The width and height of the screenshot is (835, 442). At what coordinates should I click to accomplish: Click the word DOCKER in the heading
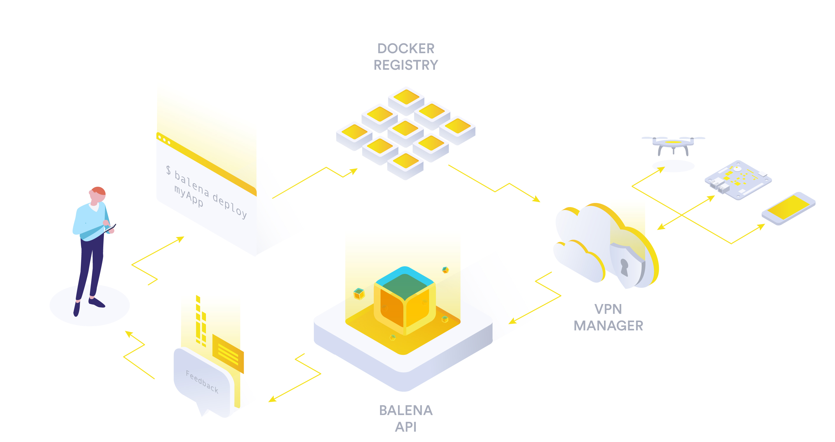click(x=405, y=49)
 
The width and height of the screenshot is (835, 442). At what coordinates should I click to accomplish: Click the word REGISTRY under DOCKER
click(x=405, y=65)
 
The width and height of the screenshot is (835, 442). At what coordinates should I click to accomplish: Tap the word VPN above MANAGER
click(x=608, y=309)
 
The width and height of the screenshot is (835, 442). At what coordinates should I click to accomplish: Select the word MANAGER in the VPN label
click(x=608, y=326)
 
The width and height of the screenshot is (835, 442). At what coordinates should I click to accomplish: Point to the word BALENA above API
click(x=405, y=410)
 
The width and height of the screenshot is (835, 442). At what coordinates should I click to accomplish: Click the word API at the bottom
click(x=405, y=427)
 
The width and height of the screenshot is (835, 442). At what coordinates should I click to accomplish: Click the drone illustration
click(x=673, y=144)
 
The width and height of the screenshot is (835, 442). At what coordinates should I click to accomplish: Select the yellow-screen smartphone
click(x=788, y=208)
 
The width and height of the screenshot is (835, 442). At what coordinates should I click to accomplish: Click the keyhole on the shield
click(x=624, y=267)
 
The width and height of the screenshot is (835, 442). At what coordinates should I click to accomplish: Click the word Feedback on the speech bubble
click(x=202, y=382)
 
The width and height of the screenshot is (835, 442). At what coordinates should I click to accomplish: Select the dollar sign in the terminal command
click(x=168, y=170)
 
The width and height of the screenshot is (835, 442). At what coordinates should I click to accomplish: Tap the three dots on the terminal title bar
click(x=164, y=140)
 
